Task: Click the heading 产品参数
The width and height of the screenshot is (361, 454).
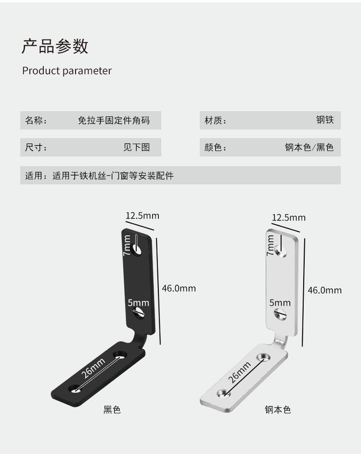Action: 55,46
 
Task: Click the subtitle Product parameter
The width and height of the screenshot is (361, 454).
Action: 67,71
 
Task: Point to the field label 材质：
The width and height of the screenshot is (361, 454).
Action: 216,120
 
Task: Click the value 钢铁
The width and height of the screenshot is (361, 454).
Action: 325,120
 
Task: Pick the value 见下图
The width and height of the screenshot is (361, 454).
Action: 136,148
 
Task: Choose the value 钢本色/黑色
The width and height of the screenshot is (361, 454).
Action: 309,148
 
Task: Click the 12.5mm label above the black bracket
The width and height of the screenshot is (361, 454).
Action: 142,215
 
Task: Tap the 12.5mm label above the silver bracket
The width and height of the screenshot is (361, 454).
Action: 289,217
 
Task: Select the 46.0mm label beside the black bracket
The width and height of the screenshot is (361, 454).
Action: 179,288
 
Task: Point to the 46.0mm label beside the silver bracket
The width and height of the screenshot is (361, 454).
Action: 325,290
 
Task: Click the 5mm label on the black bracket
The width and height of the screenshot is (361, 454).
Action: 138,303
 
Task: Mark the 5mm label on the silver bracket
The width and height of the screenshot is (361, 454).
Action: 280,303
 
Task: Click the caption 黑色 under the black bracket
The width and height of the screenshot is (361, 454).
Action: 111,409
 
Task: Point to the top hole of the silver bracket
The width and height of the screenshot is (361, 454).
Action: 279,249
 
